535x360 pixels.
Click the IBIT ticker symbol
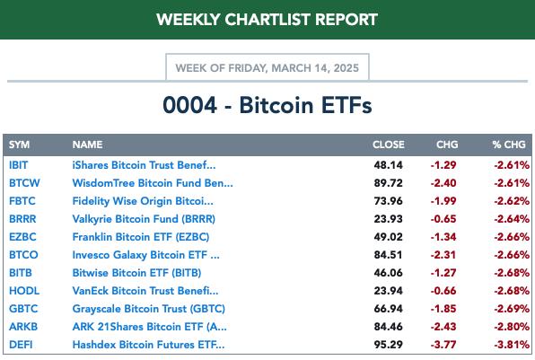19,165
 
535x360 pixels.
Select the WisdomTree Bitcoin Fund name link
153,183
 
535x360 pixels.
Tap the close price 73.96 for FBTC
389,201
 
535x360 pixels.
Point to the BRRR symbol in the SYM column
22,219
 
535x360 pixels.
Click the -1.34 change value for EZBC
443,237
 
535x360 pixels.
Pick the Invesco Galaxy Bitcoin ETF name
146,255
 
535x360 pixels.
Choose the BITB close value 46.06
389,273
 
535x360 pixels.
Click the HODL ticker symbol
24,291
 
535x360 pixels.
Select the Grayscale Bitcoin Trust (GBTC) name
149,309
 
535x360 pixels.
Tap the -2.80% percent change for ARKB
512,327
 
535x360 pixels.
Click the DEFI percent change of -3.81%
512,345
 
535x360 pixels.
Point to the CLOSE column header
389,145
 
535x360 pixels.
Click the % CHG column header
509,145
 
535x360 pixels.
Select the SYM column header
19,145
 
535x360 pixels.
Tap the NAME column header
87,145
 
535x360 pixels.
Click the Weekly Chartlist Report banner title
267,20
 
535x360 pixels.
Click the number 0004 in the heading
189,105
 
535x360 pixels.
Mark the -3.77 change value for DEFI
443,345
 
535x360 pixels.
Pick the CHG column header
447,145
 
